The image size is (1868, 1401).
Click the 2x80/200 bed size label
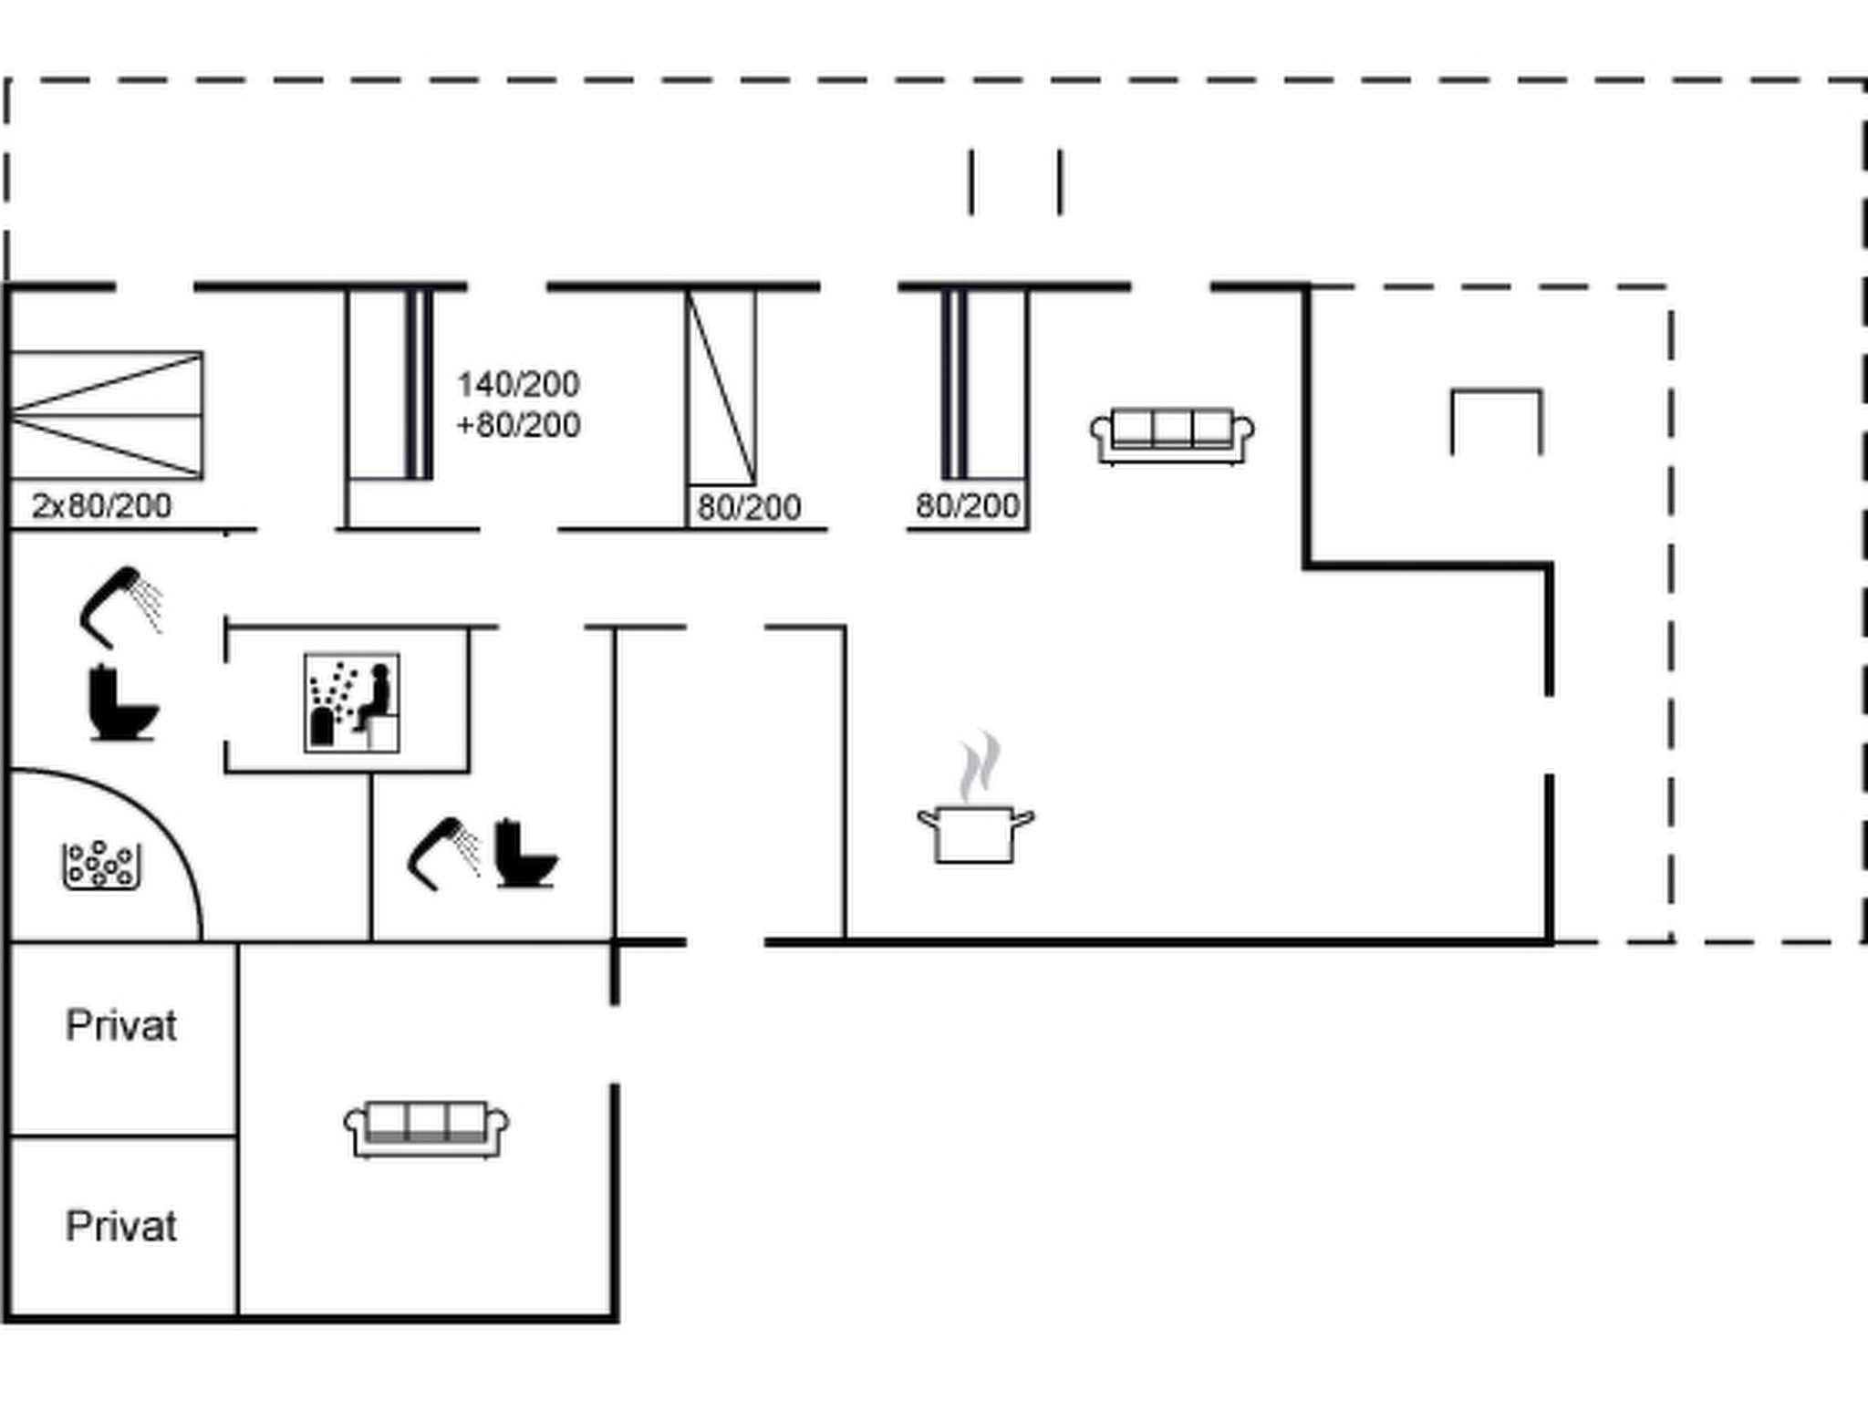click(101, 506)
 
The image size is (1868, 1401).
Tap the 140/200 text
click(518, 384)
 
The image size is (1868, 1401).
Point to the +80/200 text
click(518, 425)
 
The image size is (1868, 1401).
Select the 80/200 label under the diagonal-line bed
click(749, 507)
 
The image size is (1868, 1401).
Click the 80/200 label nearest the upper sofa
click(967, 505)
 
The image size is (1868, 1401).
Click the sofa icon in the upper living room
click(1172, 436)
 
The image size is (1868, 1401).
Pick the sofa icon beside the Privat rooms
click(426, 1129)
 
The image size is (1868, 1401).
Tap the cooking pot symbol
click(975, 833)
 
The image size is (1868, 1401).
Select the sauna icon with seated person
click(351, 702)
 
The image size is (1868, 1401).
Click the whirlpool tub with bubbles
click(101, 865)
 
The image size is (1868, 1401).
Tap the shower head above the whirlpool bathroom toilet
click(121, 607)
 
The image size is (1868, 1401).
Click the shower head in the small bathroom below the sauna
click(444, 854)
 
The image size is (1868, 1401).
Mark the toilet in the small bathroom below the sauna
click(525, 854)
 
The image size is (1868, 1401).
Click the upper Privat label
click(121, 1026)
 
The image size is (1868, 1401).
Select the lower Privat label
click(121, 1227)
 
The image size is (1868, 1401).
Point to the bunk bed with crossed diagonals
click(106, 415)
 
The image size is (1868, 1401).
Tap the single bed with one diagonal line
click(721, 388)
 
